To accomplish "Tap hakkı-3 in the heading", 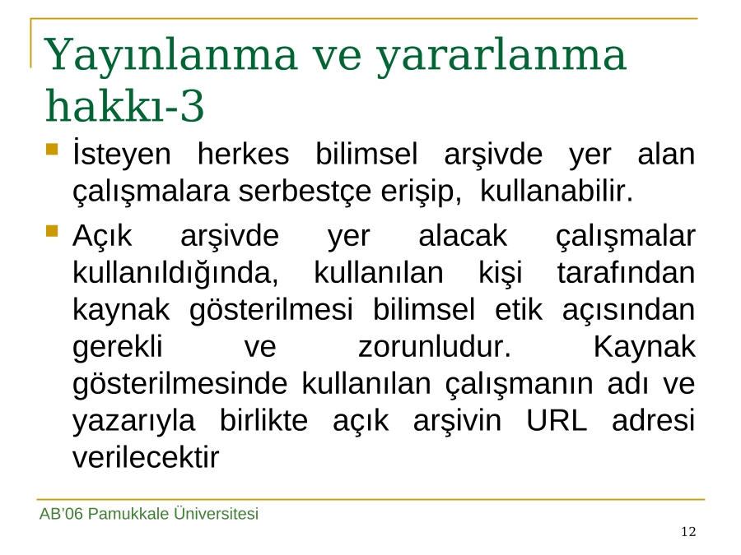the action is click(125, 104).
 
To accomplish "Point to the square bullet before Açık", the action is click(52, 231).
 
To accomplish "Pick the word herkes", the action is click(243, 155).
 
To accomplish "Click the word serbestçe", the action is click(305, 191).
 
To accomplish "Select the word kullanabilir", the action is click(557, 191).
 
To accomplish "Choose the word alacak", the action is click(463, 236).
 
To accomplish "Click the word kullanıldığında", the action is click(175, 274).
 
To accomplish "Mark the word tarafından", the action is click(627, 273).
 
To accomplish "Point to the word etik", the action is click(519, 310).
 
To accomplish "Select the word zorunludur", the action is click(435, 347).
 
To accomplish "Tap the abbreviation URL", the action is click(557, 420).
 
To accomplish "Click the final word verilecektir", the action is click(146, 457).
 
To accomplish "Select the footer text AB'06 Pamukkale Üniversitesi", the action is click(149, 513).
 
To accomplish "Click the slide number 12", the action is click(688, 532).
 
